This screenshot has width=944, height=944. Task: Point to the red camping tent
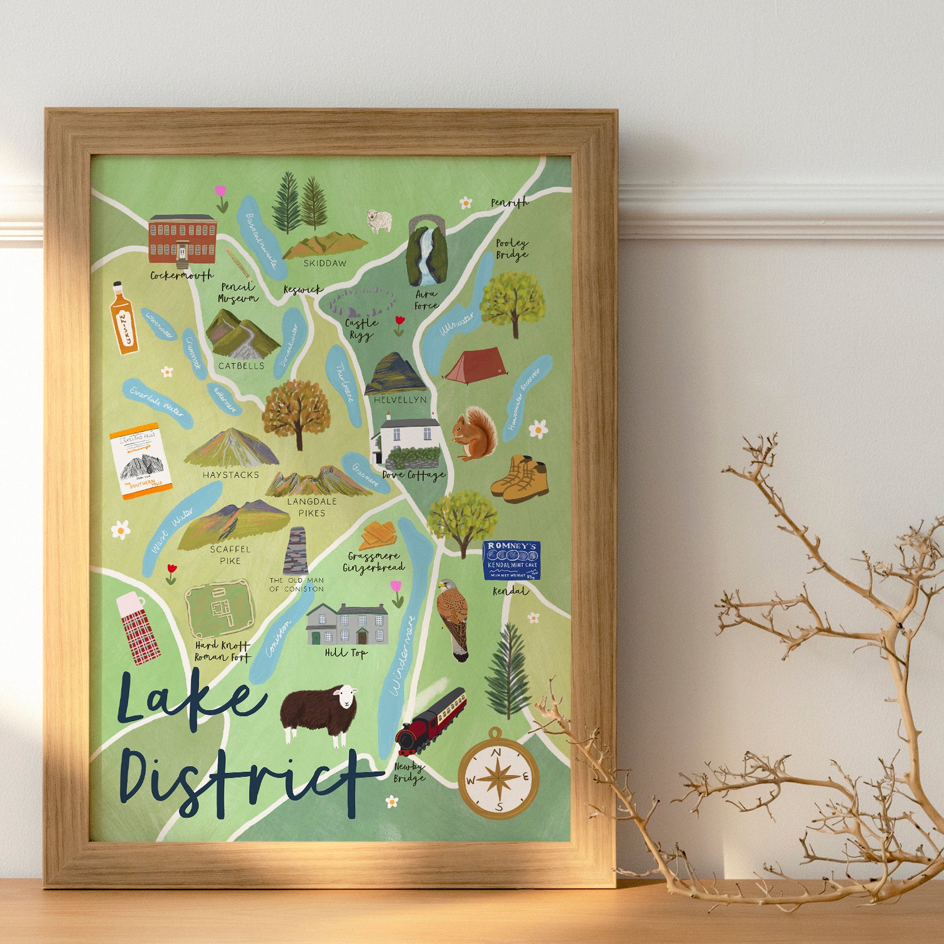pyautogui.click(x=474, y=366)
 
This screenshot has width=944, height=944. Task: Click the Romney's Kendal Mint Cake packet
pyautogui.click(x=511, y=560)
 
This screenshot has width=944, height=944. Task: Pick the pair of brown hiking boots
pyautogui.click(x=520, y=479)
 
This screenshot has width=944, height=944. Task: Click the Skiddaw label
pyautogui.click(x=324, y=263)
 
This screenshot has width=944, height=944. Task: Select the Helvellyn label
pyautogui.click(x=400, y=400)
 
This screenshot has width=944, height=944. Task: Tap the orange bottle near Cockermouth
pyautogui.click(x=123, y=318)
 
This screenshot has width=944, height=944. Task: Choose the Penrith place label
pyautogui.click(x=509, y=203)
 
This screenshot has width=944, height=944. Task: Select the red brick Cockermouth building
pyautogui.click(x=182, y=240)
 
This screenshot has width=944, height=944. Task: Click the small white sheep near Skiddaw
pyautogui.click(x=379, y=221)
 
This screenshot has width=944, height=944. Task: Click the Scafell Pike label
pyautogui.click(x=230, y=555)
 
